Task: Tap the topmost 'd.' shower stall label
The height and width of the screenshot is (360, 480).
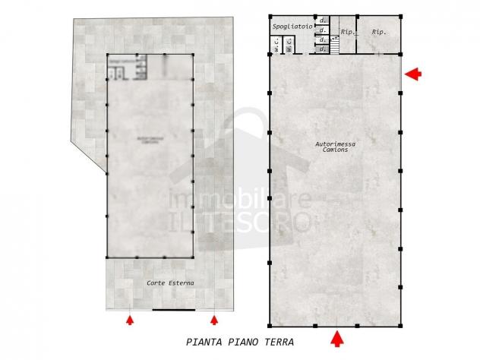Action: pyautogui.click(x=323, y=20)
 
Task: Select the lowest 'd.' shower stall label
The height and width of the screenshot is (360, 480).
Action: pyautogui.click(x=323, y=49)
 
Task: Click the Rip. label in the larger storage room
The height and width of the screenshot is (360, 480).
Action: pyautogui.click(x=377, y=33)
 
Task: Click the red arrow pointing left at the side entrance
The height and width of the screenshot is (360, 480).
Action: pyautogui.click(x=411, y=74)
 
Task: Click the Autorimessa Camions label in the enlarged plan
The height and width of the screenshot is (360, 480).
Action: pyautogui.click(x=335, y=147)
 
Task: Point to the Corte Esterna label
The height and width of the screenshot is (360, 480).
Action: pyautogui.click(x=170, y=283)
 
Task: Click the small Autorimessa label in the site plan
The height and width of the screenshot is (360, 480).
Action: pyautogui.click(x=150, y=140)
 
